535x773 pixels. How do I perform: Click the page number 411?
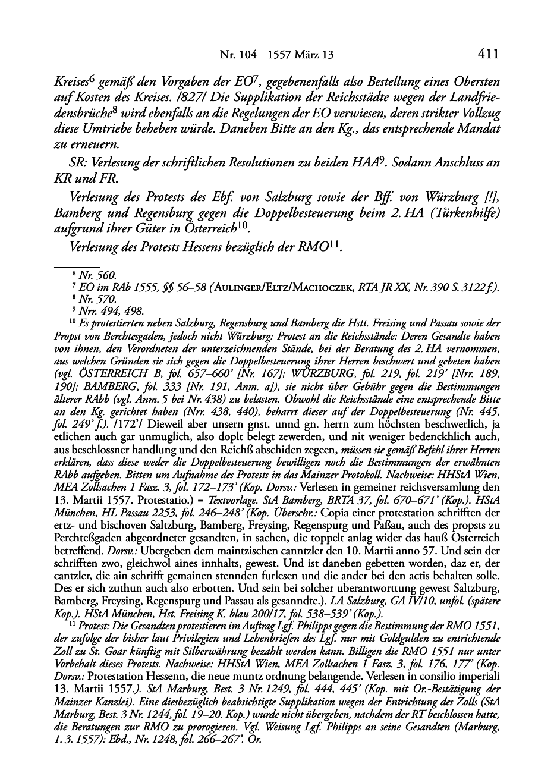pos(487,55)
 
